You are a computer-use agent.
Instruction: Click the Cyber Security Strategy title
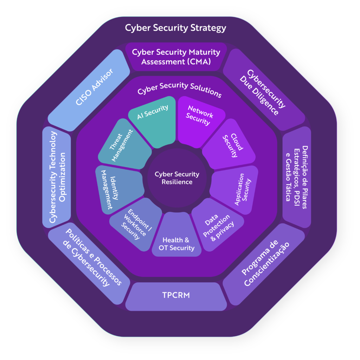pos(176,28)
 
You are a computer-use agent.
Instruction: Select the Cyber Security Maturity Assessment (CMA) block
pos(176,57)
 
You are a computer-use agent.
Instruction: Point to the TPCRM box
pos(176,295)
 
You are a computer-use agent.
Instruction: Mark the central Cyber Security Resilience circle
pos(177,178)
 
